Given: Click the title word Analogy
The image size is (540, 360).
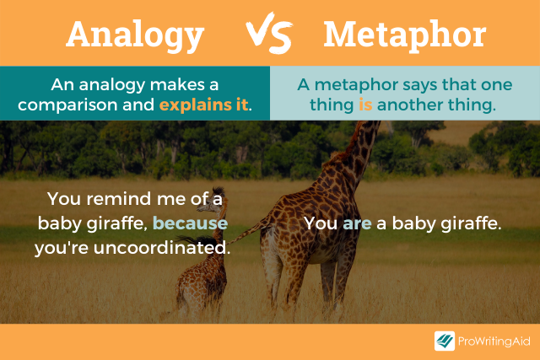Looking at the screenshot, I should [135, 34].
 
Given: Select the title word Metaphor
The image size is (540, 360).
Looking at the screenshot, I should [404, 34].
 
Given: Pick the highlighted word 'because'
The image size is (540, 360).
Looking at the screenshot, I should [191, 224].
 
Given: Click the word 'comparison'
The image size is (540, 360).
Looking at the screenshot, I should [62, 106].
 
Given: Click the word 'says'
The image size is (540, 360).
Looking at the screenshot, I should [408, 85].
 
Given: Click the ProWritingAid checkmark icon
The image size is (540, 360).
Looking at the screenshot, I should [444, 341].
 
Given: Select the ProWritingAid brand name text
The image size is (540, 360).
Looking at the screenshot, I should [494, 341].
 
